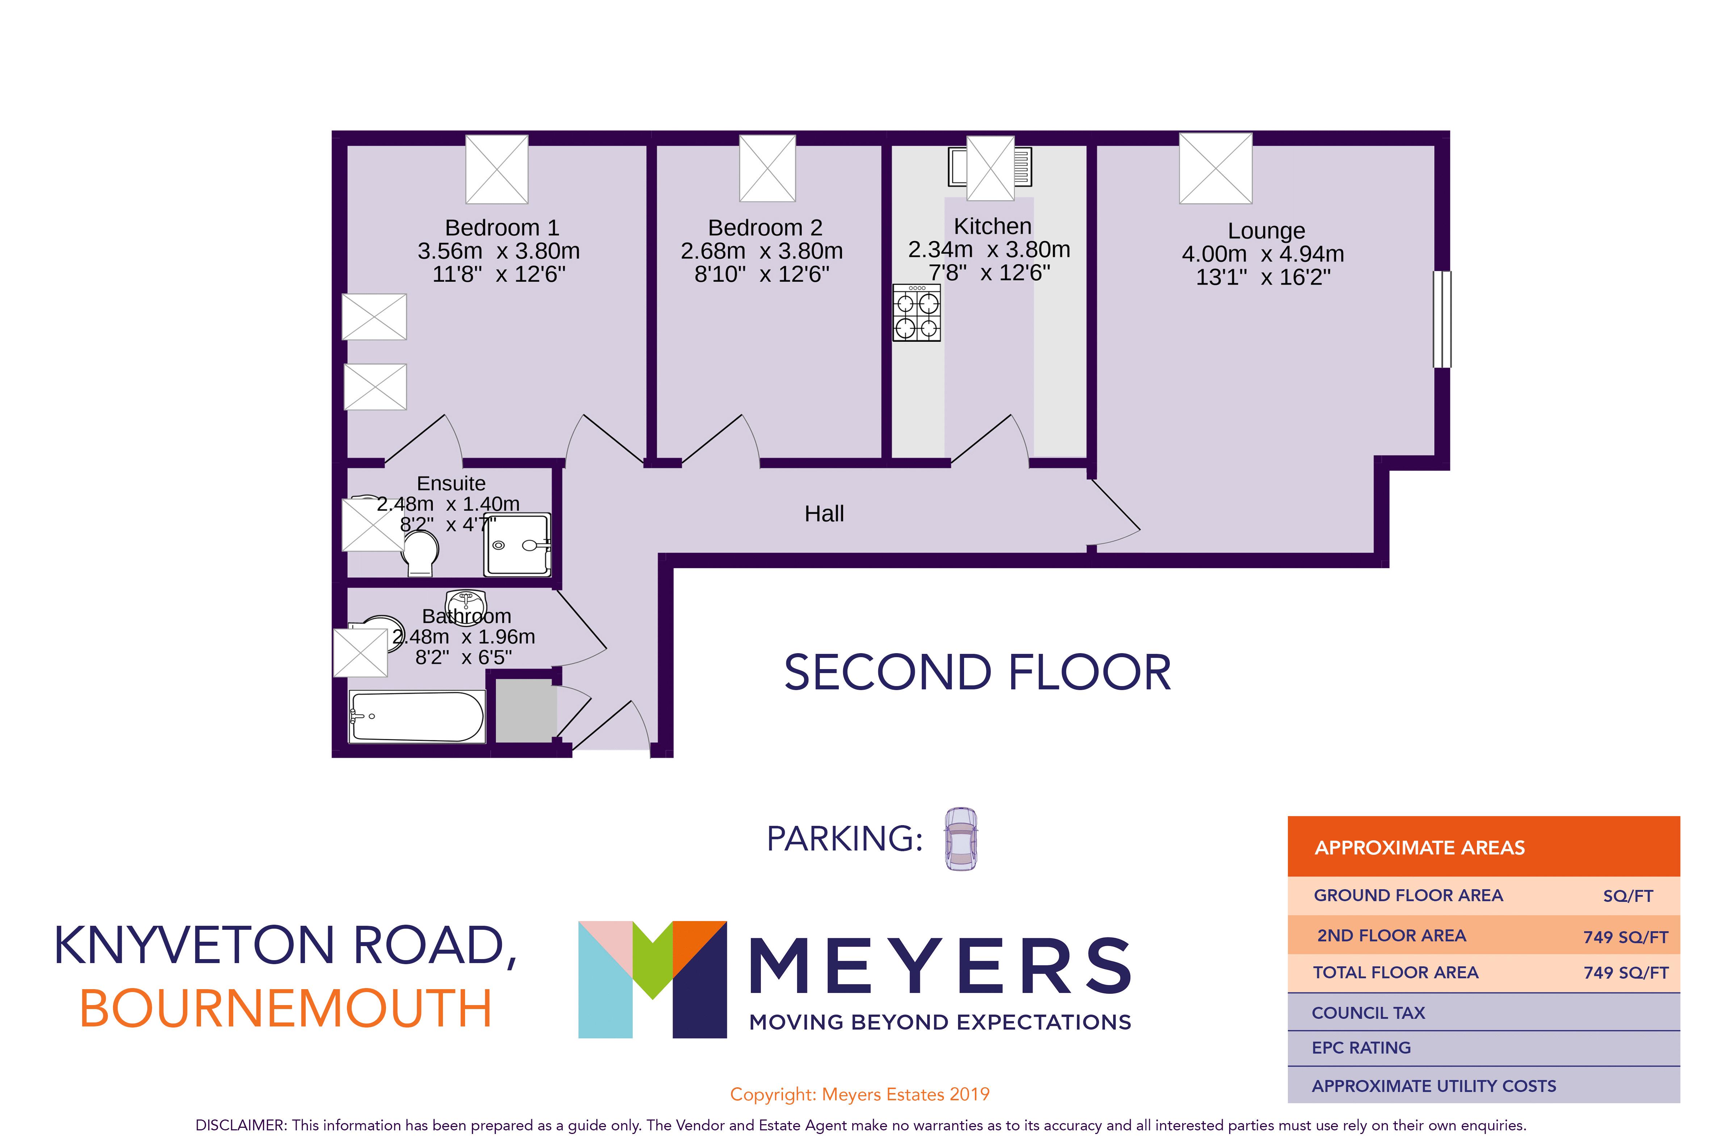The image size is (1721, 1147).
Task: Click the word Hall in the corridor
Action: coord(824,514)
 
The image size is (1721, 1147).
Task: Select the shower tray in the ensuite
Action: coord(516,545)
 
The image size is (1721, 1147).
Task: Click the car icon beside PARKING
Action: coord(960,839)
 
